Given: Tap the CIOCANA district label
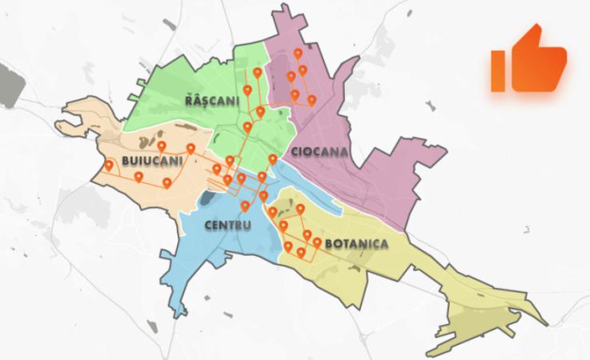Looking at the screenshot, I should point(315,151).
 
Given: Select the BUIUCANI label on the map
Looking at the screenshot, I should point(152,162).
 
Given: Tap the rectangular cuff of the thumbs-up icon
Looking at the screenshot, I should point(498,70).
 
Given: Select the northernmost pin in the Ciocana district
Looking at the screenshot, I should point(298,54).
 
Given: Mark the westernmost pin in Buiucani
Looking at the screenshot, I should point(109,166).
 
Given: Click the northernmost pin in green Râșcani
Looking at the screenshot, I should point(257,73).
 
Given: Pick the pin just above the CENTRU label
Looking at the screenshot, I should point(245,206).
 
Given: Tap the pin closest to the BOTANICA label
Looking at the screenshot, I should point(318,242).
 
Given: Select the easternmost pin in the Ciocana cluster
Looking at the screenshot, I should point(311,100).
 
